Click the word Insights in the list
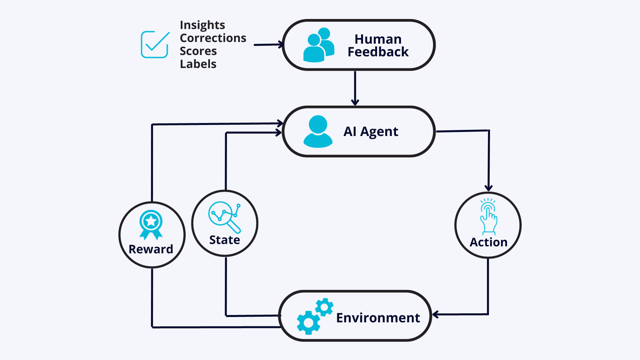(x=202, y=25)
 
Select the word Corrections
(x=213, y=38)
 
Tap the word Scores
(x=198, y=51)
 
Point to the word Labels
(x=198, y=64)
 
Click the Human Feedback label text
(x=378, y=46)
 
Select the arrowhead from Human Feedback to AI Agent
(x=355, y=102)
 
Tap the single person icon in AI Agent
(x=318, y=131)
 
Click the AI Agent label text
(x=371, y=132)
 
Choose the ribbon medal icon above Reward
(x=151, y=225)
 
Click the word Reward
(x=151, y=249)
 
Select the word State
(x=225, y=240)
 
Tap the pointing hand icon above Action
(x=488, y=217)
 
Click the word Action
(x=489, y=242)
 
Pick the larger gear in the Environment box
(x=308, y=323)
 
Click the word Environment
(x=378, y=318)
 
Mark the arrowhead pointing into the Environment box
(x=435, y=314)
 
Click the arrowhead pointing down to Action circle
(x=489, y=188)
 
